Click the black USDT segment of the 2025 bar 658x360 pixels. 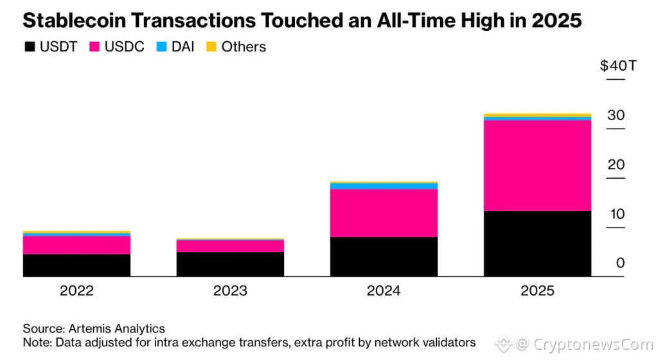click(x=537, y=244)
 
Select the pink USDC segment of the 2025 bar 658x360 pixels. click(x=537, y=165)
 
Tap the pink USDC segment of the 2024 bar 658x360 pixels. click(x=384, y=213)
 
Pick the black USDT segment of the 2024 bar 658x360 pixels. click(x=384, y=256)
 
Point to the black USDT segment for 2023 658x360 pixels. click(x=230, y=264)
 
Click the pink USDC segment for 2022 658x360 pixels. click(x=76, y=245)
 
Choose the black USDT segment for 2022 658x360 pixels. click(x=76, y=265)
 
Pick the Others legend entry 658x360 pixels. click(x=236, y=47)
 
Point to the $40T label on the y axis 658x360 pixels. click(x=618, y=66)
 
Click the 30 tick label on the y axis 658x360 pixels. click(x=616, y=116)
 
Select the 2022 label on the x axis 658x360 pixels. click(x=76, y=291)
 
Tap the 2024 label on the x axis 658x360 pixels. click(x=384, y=291)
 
